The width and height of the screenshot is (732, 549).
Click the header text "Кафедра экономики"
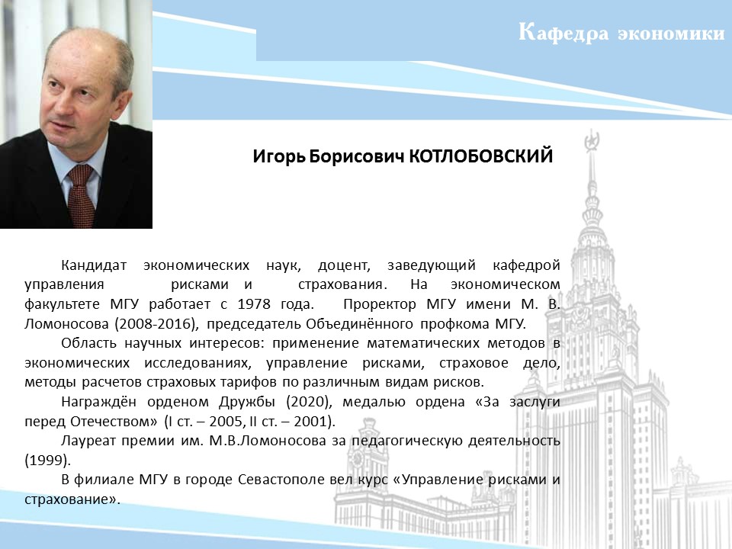(x=621, y=33)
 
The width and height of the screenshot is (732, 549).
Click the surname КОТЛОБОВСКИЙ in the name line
(x=481, y=156)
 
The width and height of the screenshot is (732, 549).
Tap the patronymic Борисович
(x=356, y=156)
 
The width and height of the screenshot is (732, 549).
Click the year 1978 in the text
(x=254, y=304)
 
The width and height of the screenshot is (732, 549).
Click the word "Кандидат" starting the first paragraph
(x=94, y=265)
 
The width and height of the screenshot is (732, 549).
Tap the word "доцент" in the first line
(x=344, y=265)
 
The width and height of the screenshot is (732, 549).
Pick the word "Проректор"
(x=380, y=304)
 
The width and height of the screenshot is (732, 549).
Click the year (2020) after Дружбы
(x=309, y=402)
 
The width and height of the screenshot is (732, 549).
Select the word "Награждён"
(x=98, y=402)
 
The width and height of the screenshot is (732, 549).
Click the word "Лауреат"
(x=88, y=441)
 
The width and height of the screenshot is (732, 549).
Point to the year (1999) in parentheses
(x=47, y=461)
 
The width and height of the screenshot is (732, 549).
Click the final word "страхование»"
(x=72, y=499)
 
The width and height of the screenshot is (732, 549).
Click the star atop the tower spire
(x=592, y=140)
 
